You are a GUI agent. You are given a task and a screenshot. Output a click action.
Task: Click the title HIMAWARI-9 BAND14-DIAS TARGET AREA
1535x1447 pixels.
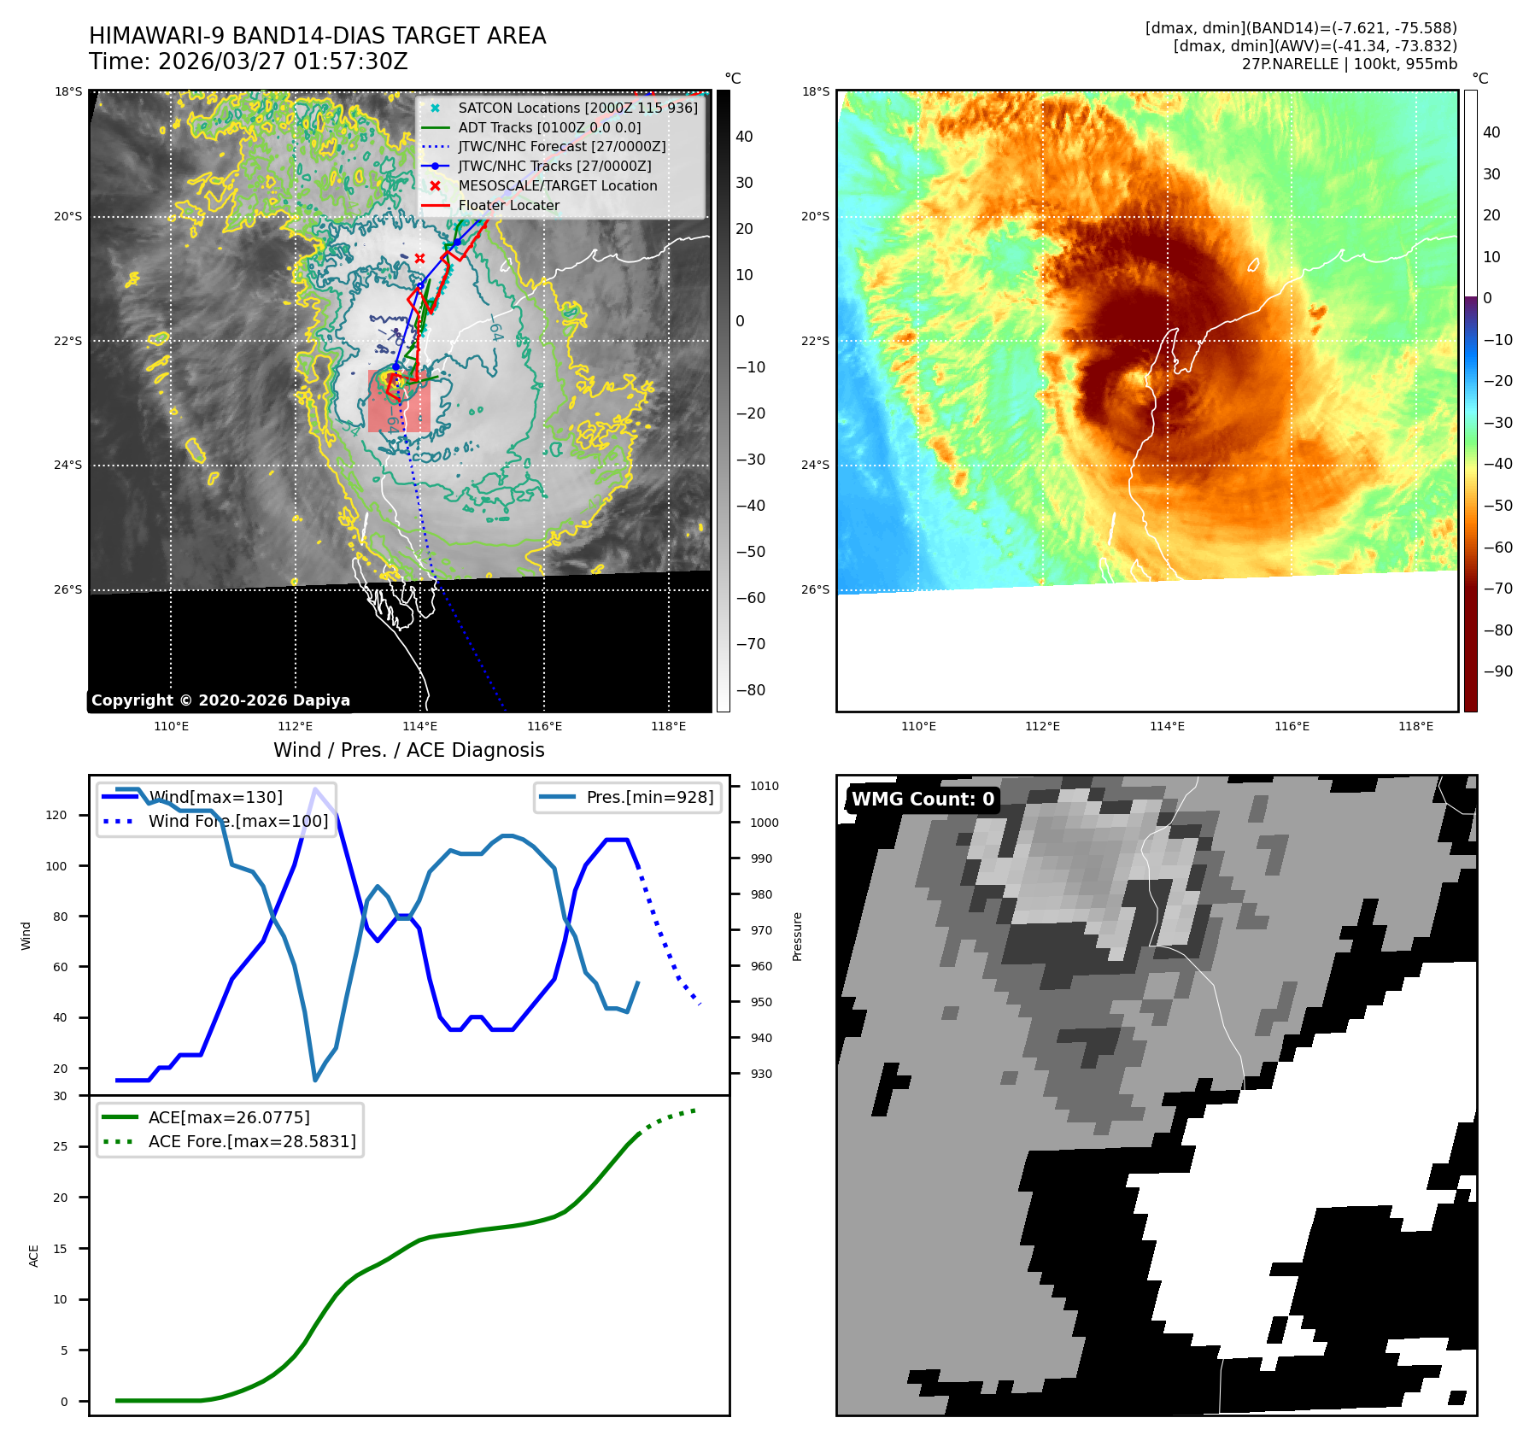click(x=317, y=36)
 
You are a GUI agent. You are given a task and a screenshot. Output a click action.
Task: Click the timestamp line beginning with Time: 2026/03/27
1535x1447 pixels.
click(x=249, y=62)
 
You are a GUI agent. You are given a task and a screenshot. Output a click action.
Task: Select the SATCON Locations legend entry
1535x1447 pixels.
click(x=577, y=108)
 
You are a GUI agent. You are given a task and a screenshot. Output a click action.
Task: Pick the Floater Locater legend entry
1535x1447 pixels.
click(x=508, y=205)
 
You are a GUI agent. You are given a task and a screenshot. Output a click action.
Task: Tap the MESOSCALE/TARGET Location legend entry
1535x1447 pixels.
click(x=557, y=185)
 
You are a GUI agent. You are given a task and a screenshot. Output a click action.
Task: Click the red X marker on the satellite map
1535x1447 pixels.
click(x=419, y=258)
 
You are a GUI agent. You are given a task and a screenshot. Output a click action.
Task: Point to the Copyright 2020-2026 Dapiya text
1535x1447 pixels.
click(x=220, y=700)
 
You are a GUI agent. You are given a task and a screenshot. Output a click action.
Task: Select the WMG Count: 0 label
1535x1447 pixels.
click(x=923, y=800)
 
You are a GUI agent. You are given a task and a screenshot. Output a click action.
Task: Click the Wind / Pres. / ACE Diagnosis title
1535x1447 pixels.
click(x=408, y=750)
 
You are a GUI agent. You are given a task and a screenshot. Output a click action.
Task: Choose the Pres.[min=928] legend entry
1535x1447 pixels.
click(x=649, y=797)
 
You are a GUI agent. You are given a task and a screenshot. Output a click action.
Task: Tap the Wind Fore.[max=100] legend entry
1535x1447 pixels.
click(x=237, y=821)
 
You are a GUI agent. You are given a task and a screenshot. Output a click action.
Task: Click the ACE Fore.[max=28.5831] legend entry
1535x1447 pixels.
click(x=251, y=1141)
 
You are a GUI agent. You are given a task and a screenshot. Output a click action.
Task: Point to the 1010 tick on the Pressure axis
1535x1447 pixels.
click(x=765, y=786)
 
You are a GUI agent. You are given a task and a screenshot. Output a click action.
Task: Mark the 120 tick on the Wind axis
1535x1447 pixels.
click(x=56, y=815)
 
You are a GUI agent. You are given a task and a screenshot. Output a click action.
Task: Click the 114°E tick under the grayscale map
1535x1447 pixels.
click(x=419, y=726)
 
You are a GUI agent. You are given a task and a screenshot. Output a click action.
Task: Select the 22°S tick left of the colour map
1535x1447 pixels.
click(x=815, y=341)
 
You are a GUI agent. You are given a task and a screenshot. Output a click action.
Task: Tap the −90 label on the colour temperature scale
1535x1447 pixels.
click(x=1497, y=671)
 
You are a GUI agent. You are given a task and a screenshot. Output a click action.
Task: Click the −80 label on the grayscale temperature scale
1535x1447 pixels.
click(x=751, y=690)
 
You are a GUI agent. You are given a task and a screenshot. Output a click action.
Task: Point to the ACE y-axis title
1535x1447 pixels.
click(x=34, y=1256)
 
